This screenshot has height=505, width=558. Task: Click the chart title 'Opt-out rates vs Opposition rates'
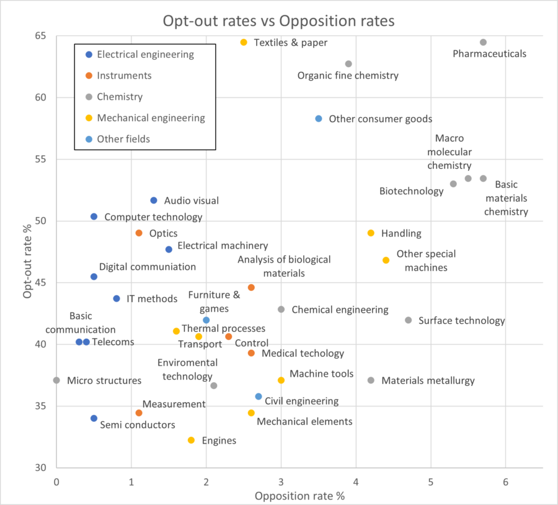[278, 20]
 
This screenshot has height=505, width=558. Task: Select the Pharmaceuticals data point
[483, 42]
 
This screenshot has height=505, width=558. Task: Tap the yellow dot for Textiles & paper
[244, 42]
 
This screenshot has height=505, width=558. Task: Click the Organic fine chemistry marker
[348, 64]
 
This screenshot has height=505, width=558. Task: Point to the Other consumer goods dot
[319, 118]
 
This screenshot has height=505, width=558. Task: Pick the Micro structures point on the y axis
[56, 380]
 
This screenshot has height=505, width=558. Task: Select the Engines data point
[191, 440]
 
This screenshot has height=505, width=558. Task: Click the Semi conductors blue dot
[94, 418]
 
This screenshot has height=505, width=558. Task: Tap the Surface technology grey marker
[408, 320]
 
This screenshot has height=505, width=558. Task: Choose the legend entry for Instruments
[124, 75]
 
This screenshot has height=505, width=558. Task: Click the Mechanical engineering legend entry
[151, 117]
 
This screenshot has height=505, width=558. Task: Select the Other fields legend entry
[123, 138]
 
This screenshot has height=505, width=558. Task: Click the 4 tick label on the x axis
[356, 481]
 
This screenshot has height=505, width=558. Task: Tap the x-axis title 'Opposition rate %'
[299, 496]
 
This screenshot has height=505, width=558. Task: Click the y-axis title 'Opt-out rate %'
[27, 254]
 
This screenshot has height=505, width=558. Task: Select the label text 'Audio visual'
[191, 200]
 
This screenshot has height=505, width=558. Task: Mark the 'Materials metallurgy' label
[428, 380]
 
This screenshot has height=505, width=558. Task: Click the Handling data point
[371, 233]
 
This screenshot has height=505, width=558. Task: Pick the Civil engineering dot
[259, 396]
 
